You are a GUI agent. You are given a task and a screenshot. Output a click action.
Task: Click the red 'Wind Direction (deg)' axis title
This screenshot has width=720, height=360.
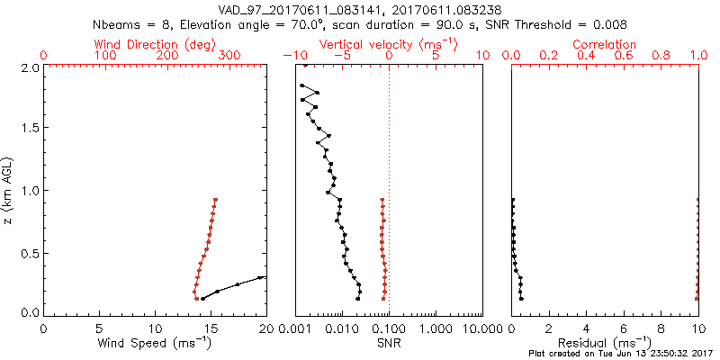point(155,44)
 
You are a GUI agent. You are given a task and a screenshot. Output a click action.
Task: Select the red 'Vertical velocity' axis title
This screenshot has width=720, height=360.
point(388,44)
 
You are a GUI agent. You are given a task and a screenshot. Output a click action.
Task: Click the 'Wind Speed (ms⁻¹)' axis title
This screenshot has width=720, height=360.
point(155,343)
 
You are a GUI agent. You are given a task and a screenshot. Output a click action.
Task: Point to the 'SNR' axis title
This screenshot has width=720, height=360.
point(389,343)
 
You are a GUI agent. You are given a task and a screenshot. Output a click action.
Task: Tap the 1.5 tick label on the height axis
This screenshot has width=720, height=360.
point(31,128)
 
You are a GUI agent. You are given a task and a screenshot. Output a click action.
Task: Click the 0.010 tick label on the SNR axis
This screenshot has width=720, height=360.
point(341,328)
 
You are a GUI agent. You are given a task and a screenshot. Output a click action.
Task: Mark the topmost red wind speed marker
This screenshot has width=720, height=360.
point(216,200)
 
